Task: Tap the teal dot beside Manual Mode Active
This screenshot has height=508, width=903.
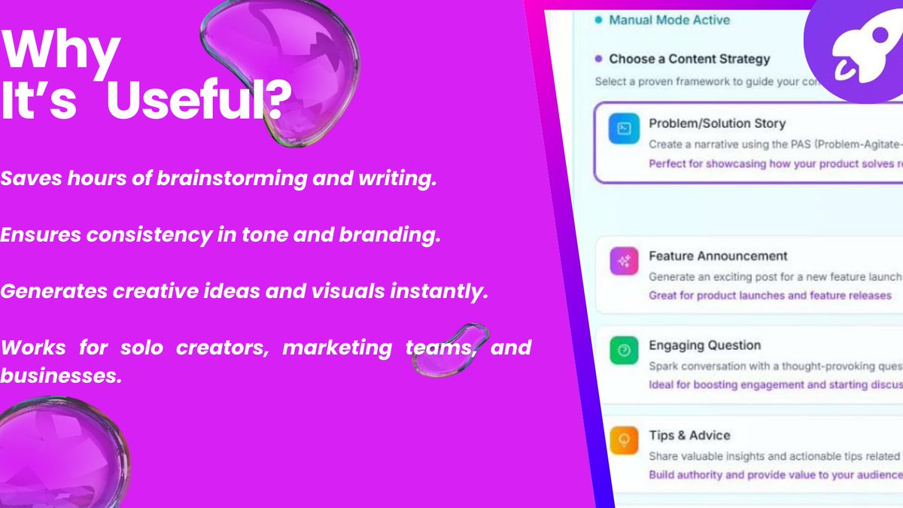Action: click(598, 20)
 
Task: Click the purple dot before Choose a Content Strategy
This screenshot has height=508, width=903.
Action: click(598, 59)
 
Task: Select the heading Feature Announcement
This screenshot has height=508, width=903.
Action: click(718, 256)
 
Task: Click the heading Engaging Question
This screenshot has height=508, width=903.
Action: click(704, 345)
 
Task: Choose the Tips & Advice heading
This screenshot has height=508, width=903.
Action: click(689, 435)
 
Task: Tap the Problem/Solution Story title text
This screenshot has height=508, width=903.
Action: click(716, 123)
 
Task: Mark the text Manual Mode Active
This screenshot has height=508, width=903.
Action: click(669, 20)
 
